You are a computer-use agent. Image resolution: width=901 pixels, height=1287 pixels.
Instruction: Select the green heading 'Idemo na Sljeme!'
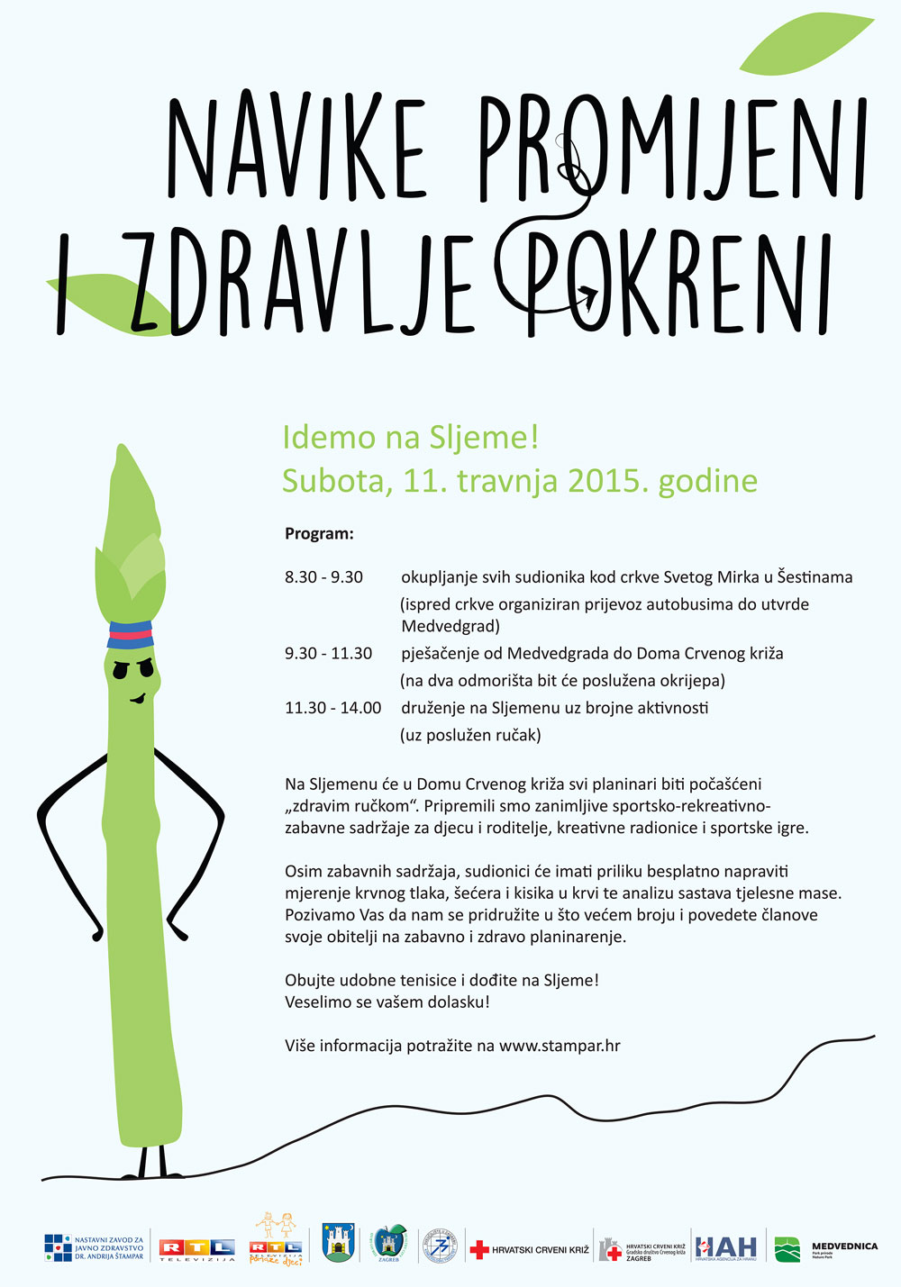pos(410,438)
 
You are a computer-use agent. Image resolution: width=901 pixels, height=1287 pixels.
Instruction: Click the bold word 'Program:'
pos(319,533)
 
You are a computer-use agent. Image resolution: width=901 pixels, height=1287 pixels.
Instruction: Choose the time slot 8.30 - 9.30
pos(323,577)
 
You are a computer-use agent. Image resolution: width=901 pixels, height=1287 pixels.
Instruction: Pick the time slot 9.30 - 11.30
pos(328,654)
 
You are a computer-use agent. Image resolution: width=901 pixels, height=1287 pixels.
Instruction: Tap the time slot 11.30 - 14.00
pos(332,708)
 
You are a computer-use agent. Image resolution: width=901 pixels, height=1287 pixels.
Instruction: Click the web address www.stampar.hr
pos(560,1046)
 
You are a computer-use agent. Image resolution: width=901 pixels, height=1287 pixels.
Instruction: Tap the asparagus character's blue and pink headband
pos(131,635)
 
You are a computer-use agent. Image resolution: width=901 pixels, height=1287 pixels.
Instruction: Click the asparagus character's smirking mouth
pos(138,698)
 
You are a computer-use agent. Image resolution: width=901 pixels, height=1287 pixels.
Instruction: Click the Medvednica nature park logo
pos(825,1249)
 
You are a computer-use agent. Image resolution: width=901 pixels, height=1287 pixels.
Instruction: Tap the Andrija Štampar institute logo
pos(94,1248)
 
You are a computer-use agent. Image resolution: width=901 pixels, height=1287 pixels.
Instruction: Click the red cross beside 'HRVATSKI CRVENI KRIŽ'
pos(479,1249)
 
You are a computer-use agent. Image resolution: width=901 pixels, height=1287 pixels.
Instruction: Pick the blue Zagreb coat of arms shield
pos(338,1244)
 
